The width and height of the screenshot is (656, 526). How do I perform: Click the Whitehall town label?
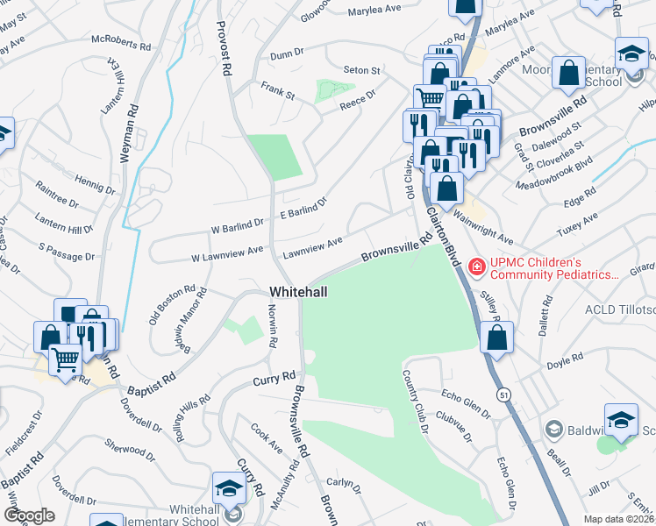(298, 291)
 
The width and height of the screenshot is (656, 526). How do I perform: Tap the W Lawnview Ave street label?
(227, 252)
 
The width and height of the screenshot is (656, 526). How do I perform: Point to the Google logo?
(29, 515)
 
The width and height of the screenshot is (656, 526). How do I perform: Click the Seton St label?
(361, 70)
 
